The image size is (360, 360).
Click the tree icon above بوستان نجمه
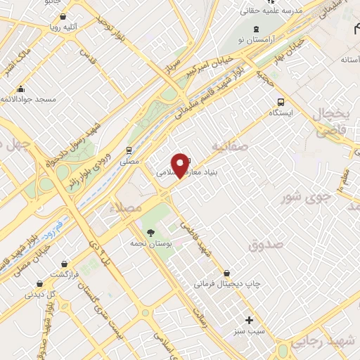point(149,232)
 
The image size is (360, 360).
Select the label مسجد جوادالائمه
point(28,100)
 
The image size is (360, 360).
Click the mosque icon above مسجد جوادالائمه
point(21,89)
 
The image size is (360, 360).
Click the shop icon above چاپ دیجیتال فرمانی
point(226,274)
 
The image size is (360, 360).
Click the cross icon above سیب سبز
point(249,319)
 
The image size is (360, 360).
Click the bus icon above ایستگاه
point(281,101)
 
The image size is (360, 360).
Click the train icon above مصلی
point(129,150)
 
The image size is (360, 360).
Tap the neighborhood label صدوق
point(265,244)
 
